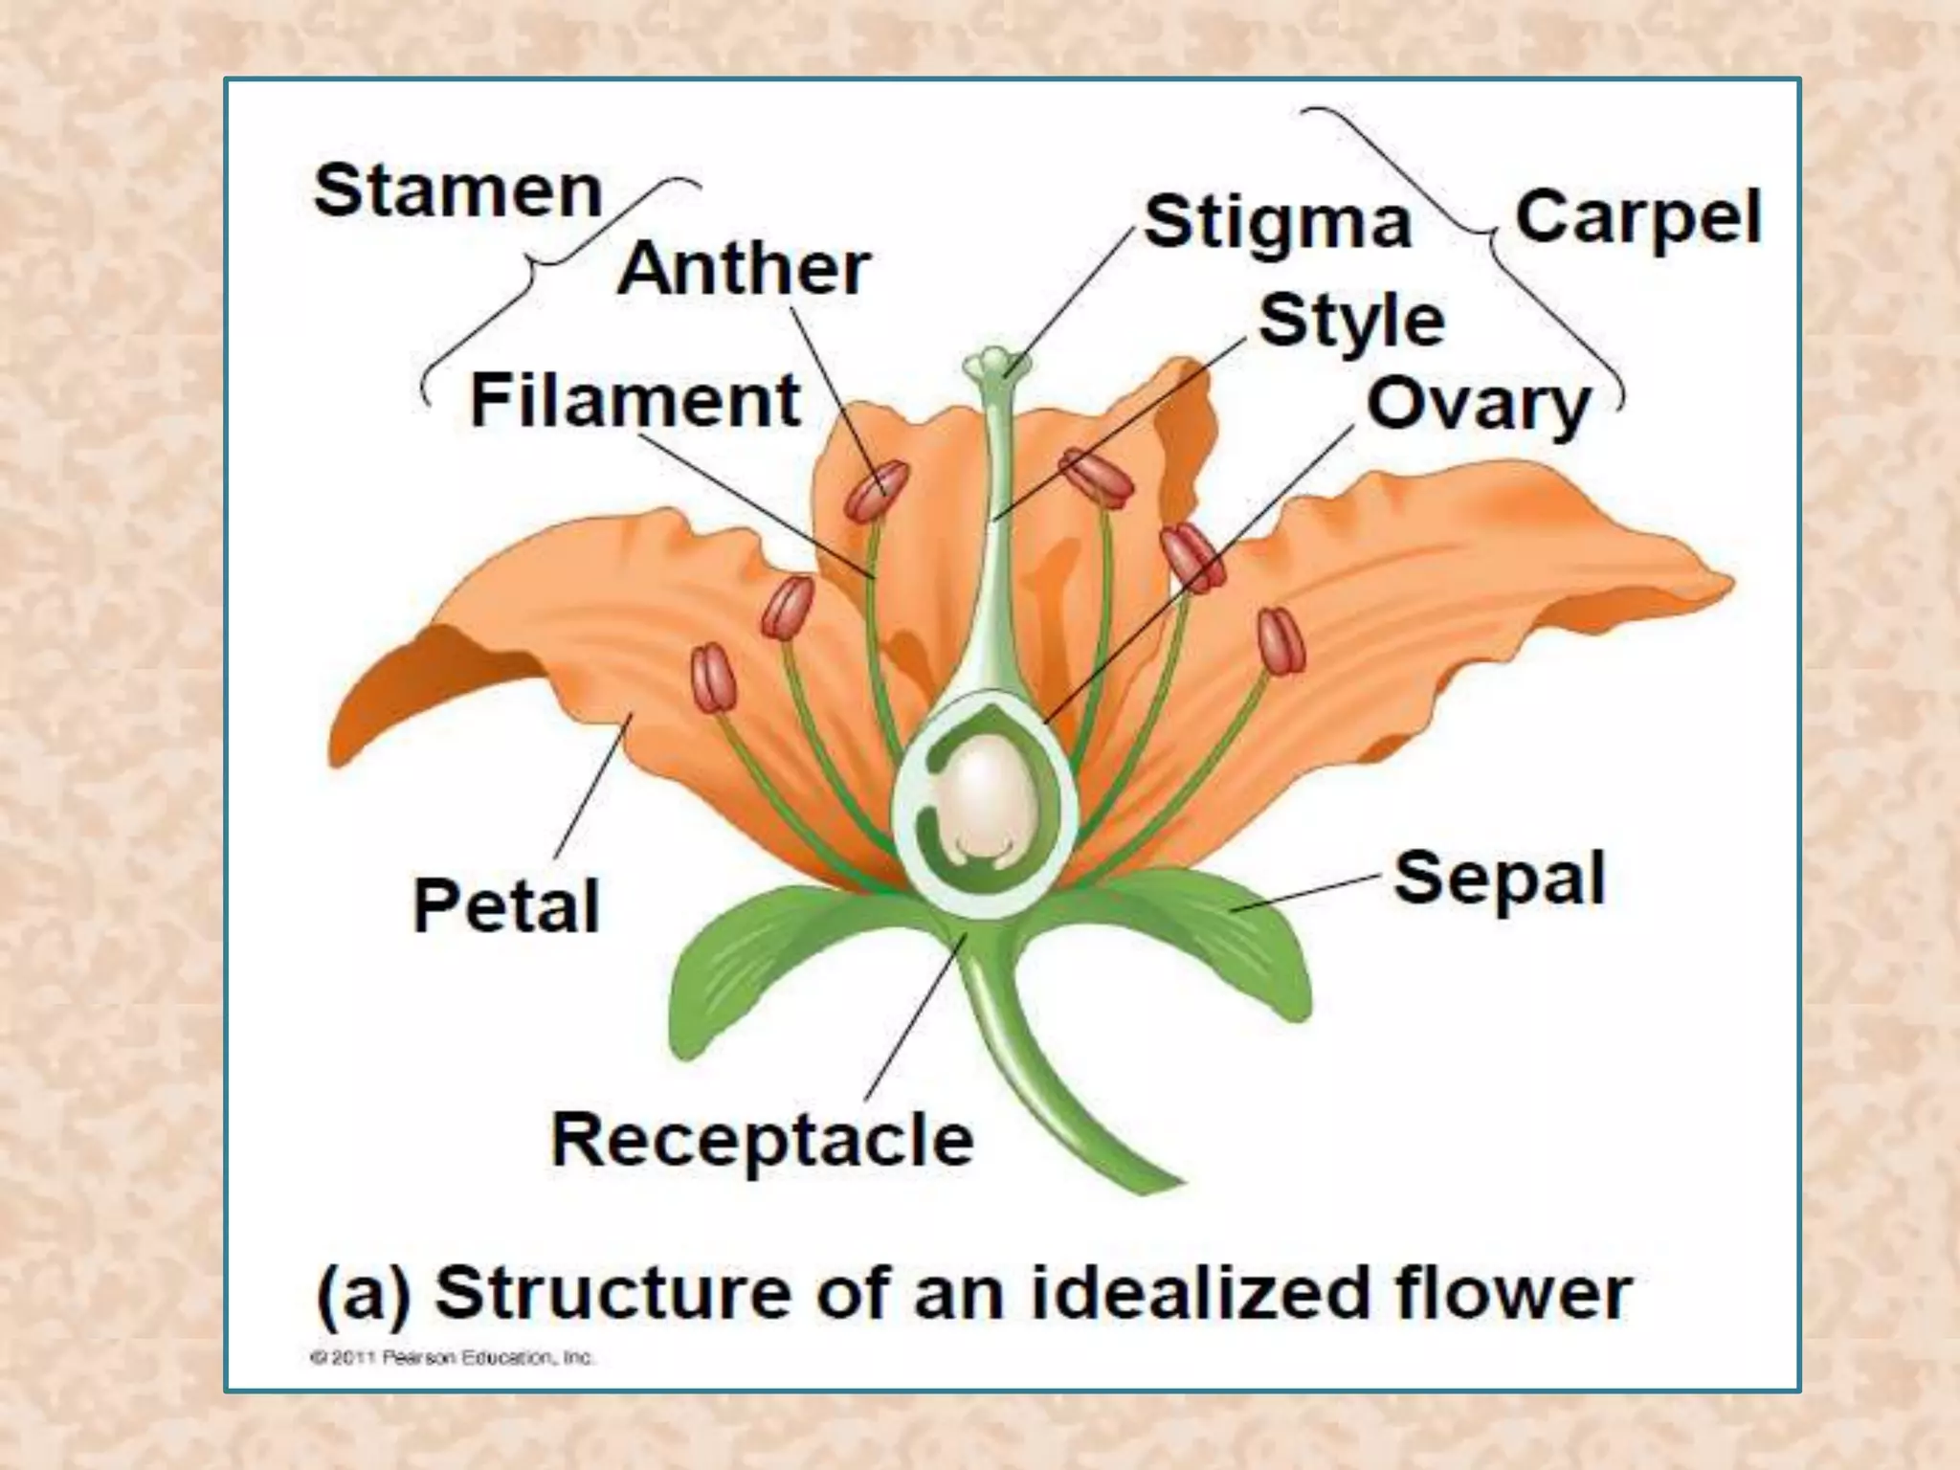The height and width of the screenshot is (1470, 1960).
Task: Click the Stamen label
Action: pyautogui.click(x=457, y=190)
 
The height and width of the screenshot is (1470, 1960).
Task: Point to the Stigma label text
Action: pyautogui.click(x=1278, y=223)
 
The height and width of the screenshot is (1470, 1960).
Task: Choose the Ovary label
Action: pyautogui.click(x=1478, y=405)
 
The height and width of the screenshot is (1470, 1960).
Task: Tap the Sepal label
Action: pyautogui.click(x=1499, y=878)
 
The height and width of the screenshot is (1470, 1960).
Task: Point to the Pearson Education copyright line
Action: pyautogui.click(x=452, y=1357)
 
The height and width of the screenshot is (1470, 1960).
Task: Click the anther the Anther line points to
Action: pyautogui.click(x=876, y=491)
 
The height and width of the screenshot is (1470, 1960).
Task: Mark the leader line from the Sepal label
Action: pyautogui.click(x=1306, y=892)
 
